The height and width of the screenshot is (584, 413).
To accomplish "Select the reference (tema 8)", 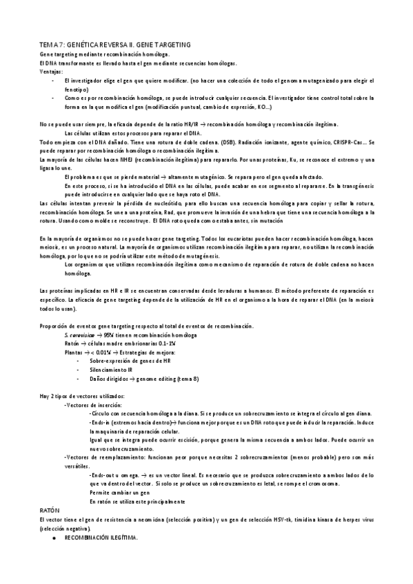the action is [x=181, y=378].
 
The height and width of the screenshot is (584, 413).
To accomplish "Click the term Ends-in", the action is [x=102, y=421].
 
